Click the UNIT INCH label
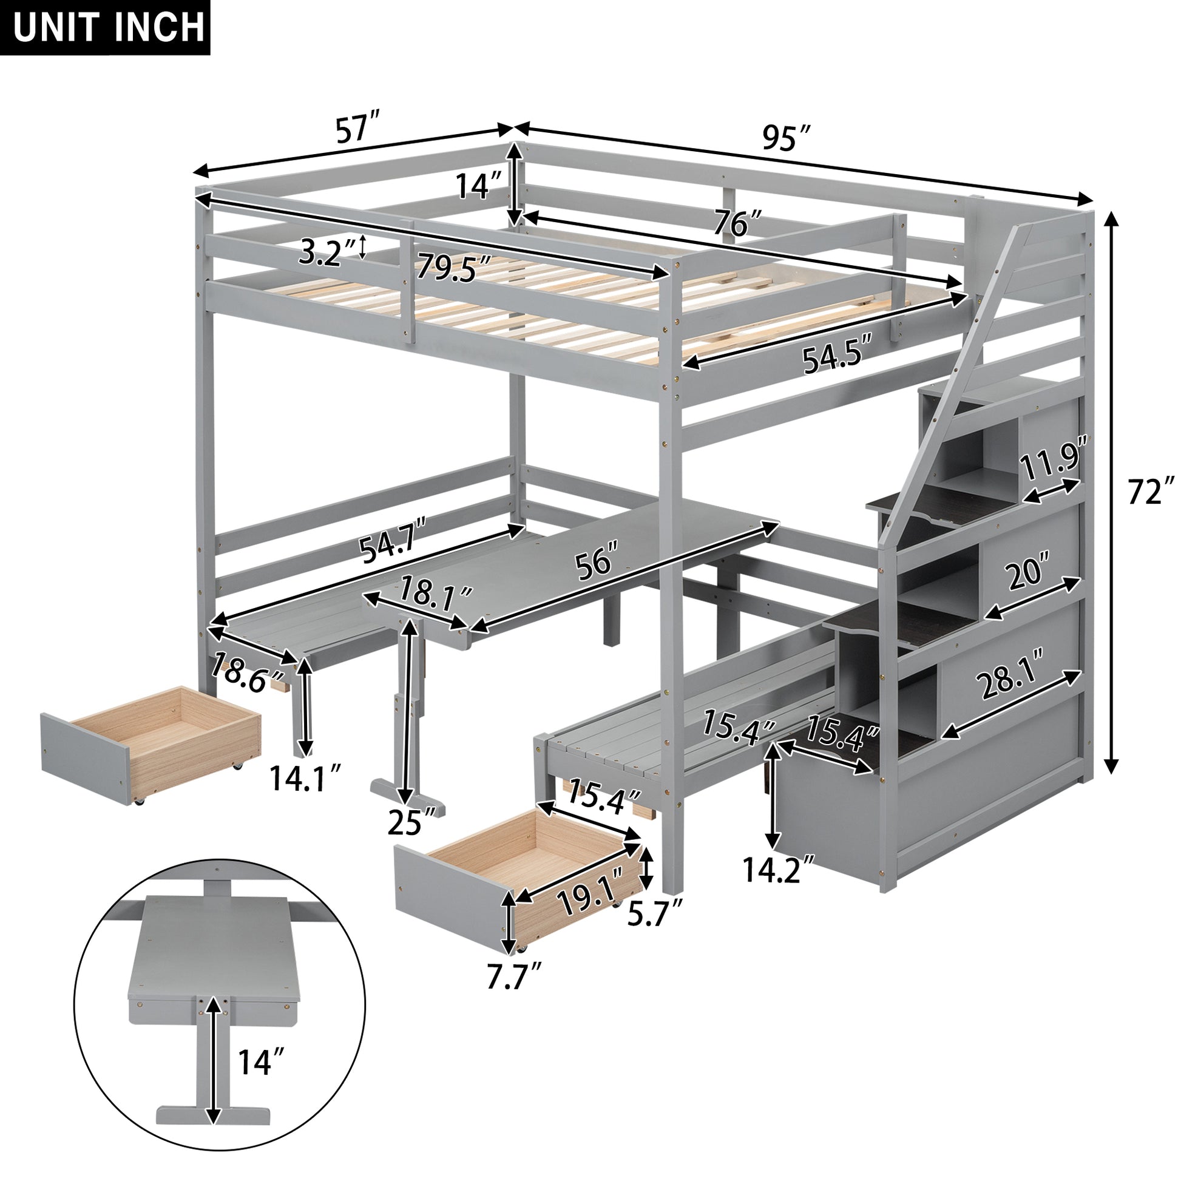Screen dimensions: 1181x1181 [105, 27]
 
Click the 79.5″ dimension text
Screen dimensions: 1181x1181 [453, 268]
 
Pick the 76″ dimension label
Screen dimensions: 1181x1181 [739, 225]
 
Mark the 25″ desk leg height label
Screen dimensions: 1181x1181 [413, 824]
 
